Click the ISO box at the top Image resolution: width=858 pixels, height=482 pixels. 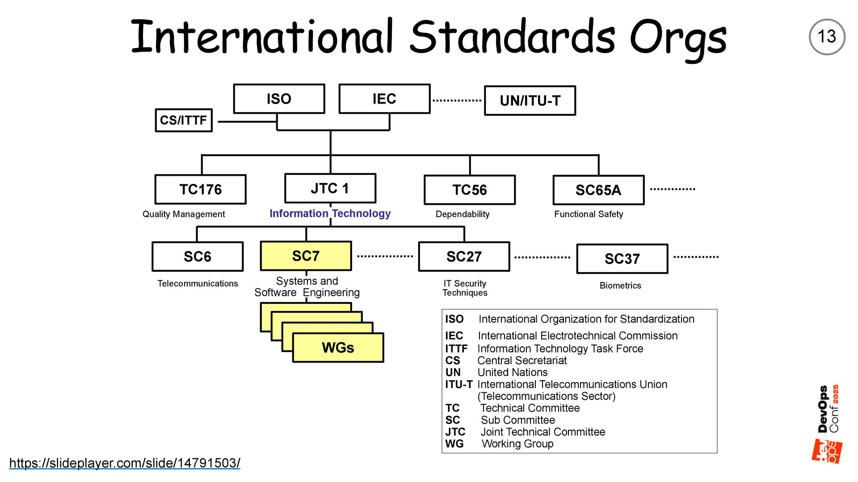point(279,99)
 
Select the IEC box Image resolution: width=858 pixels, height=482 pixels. point(384,99)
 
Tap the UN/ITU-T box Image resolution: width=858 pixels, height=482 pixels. point(530,101)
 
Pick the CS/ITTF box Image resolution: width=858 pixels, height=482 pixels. point(184,120)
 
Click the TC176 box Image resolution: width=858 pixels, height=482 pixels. point(200,190)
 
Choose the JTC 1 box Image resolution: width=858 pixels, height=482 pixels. point(330,188)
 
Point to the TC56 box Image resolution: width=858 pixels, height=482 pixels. point(470,190)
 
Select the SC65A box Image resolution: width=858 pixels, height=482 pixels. point(598,191)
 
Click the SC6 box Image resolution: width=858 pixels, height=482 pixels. point(198,257)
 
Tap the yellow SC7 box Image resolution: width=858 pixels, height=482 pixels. point(306,256)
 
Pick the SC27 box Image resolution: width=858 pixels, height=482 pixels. point(464,257)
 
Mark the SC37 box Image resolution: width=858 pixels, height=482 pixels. point(622,259)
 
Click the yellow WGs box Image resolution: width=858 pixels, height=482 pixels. point(338,348)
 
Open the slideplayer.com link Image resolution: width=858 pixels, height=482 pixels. point(125,463)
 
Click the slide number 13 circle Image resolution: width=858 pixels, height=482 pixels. point(827,37)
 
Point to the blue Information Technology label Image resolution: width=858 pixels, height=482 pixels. point(330,214)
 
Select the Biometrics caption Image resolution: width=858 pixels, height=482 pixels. point(620,286)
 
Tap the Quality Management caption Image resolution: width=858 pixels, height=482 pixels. point(184,214)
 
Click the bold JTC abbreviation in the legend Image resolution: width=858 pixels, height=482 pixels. point(455,432)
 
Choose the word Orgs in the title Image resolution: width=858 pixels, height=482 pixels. point(678,38)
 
